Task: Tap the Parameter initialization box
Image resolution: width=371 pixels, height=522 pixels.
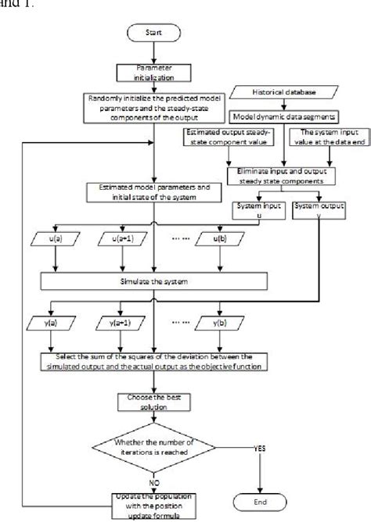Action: (157, 71)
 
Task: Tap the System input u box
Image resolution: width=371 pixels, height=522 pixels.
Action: (251, 209)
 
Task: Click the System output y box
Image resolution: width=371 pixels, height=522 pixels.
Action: (315, 209)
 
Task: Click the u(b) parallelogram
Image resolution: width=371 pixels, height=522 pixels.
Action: (215, 238)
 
